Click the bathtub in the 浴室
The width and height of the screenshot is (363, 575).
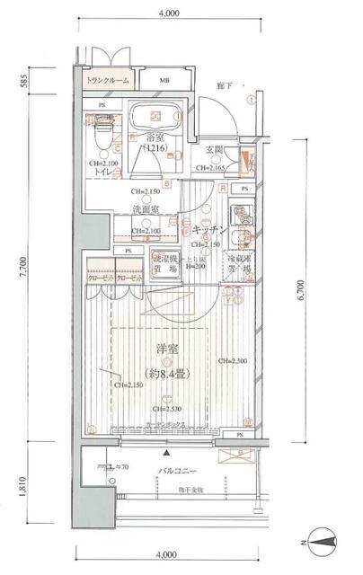click(159, 122)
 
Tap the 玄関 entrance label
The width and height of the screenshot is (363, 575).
click(216, 149)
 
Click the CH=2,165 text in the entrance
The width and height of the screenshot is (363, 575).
click(215, 167)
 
